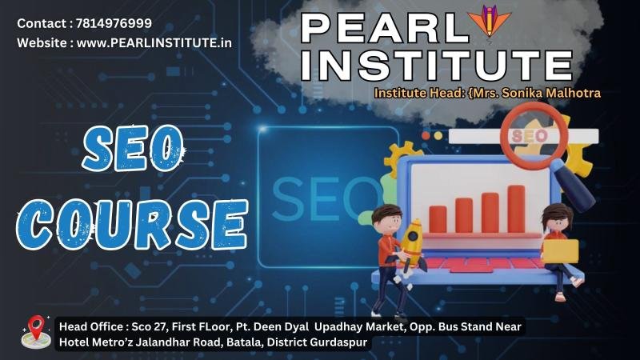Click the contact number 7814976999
[114, 23]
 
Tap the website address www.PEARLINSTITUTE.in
[154, 43]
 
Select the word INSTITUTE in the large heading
[437, 66]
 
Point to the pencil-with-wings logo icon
[489, 21]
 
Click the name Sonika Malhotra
[551, 93]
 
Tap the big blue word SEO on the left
[133, 148]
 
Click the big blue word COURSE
[132, 224]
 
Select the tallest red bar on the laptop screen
[516, 209]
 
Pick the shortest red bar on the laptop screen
[438, 219]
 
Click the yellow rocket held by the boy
[413, 244]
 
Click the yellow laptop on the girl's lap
[561, 251]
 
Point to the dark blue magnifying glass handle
[574, 186]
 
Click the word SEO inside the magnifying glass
[530, 136]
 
